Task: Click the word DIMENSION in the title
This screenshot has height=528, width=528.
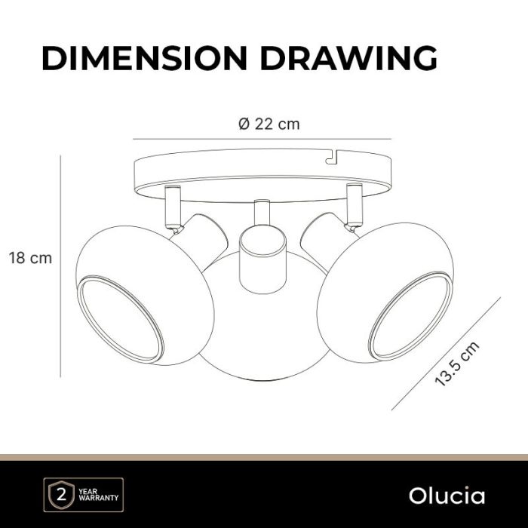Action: click(x=145, y=58)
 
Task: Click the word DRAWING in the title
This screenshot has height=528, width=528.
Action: click(x=348, y=58)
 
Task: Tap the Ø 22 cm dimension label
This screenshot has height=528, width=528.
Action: click(x=269, y=124)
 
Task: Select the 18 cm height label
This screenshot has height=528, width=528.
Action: click(x=30, y=258)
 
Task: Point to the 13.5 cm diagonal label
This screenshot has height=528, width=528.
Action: click(x=457, y=364)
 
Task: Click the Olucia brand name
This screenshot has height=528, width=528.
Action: click(x=447, y=496)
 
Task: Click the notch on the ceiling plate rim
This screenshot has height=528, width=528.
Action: click(x=333, y=157)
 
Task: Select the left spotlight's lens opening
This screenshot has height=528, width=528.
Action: click(x=120, y=318)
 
